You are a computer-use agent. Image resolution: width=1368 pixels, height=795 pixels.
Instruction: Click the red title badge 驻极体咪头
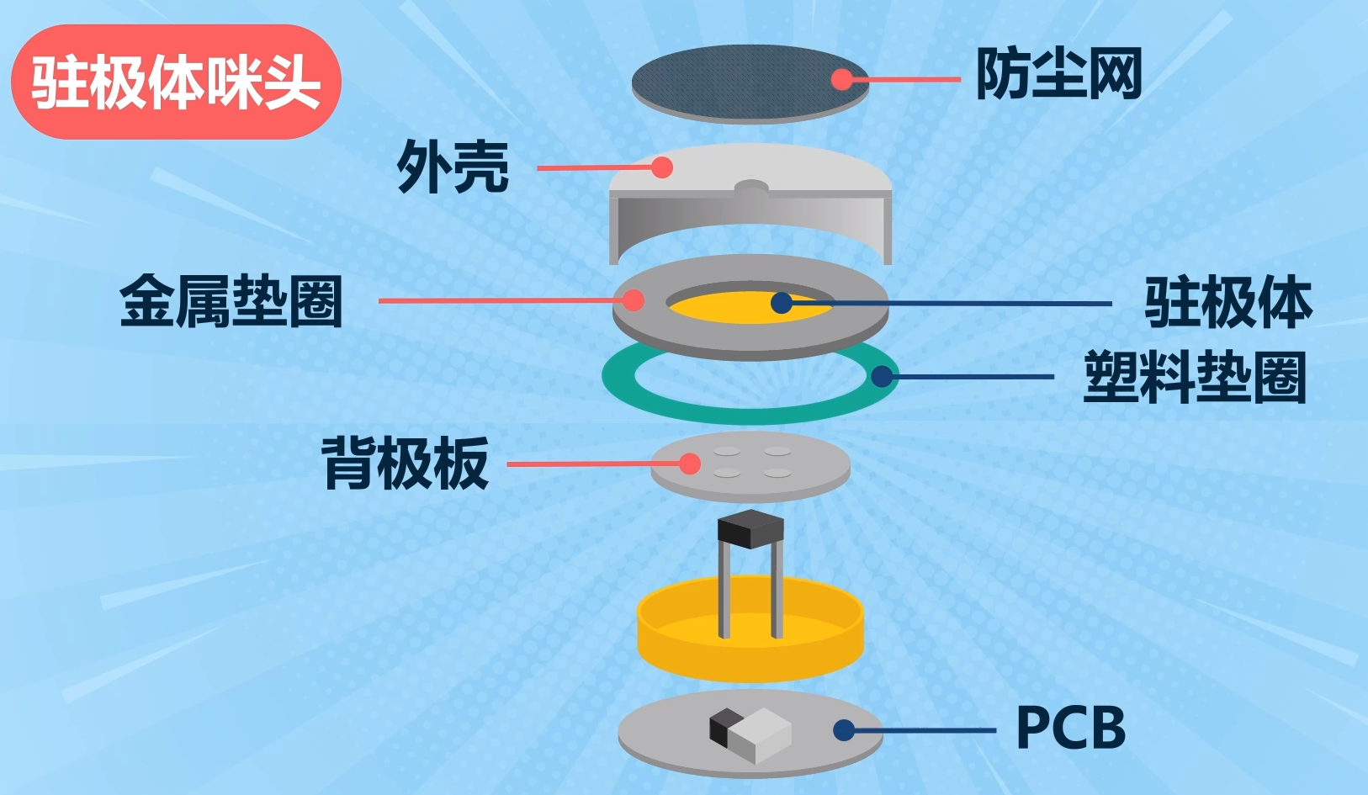point(176,82)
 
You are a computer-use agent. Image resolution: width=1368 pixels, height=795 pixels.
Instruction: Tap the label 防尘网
point(1059,74)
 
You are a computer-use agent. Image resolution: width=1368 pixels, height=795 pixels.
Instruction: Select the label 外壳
point(453,167)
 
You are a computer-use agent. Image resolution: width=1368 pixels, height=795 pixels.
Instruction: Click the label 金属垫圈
point(231,300)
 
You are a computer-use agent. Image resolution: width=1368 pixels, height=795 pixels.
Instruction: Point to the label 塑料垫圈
point(1195,377)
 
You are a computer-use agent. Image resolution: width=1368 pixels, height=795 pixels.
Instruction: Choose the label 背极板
point(406,464)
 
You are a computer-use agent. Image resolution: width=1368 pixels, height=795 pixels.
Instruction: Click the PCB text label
point(1070,727)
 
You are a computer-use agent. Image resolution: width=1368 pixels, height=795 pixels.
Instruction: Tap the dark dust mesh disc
point(750,84)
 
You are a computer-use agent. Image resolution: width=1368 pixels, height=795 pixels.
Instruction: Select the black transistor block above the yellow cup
point(750,529)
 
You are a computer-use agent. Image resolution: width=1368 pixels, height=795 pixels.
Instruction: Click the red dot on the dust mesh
point(841,79)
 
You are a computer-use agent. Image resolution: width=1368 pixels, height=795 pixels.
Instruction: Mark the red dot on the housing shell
point(662,167)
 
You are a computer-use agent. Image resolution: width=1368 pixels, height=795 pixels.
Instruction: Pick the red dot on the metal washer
point(634,299)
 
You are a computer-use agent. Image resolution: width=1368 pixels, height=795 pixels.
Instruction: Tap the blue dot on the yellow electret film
point(781,303)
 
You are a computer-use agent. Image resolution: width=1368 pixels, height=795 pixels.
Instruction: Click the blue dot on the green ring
point(881,376)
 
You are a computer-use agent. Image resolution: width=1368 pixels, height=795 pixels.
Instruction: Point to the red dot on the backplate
point(690,464)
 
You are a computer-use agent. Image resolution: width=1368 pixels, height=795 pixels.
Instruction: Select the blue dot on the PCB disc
point(843,730)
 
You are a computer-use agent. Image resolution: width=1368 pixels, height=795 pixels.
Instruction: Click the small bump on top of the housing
point(751,187)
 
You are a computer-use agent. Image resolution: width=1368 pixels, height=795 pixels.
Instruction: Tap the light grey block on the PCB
point(761,736)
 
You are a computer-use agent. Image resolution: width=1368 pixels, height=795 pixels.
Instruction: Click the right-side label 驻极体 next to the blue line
point(1228,302)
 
